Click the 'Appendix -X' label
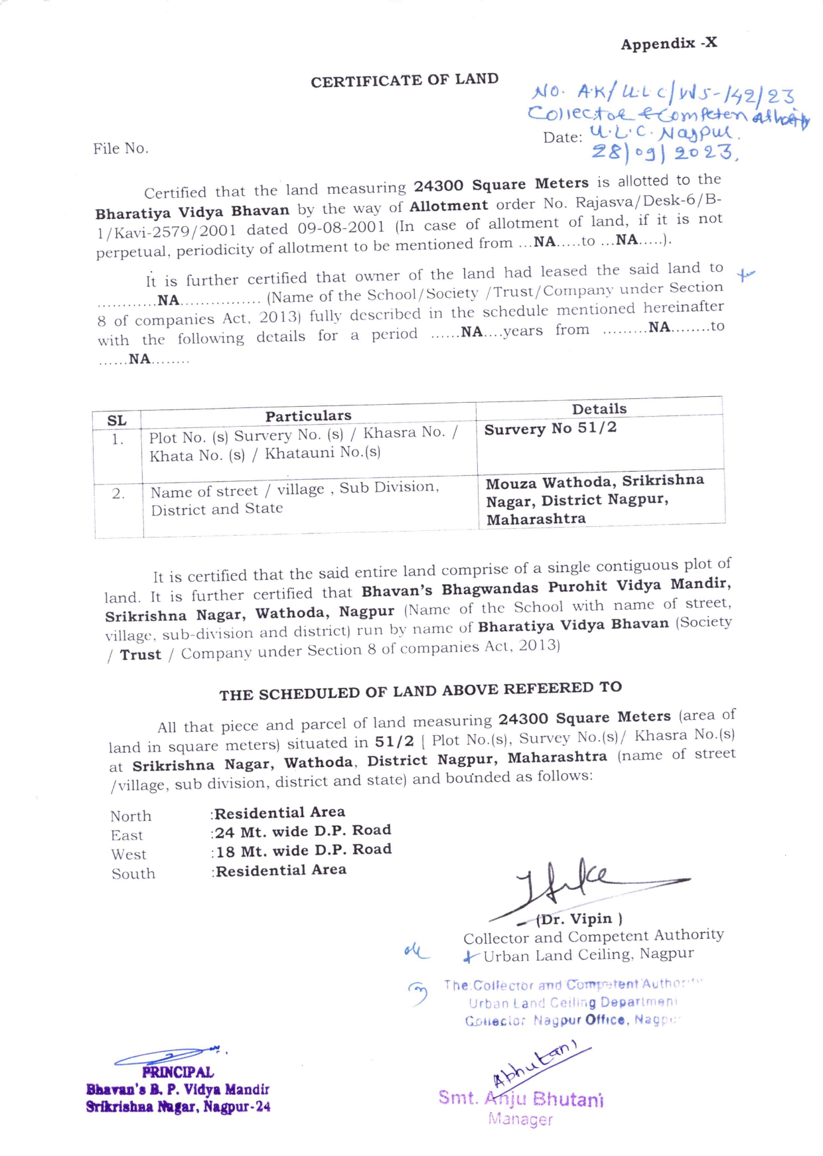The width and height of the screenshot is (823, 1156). [x=668, y=44]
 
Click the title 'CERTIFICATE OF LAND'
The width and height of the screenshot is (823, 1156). [x=404, y=80]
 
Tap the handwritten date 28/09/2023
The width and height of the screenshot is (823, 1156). [x=664, y=153]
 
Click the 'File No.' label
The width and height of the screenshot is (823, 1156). [x=120, y=149]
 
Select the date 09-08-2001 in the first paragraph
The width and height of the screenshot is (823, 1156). [x=341, y=228]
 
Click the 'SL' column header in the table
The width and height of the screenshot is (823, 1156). [x=117, y=420]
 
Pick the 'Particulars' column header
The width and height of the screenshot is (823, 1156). [x=308, y=416]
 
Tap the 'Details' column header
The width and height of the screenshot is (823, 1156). [x=599, y=409]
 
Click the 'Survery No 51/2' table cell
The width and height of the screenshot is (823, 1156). [x=550, y=429]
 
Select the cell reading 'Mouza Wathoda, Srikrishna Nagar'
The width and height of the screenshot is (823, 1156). [x=594, y=491]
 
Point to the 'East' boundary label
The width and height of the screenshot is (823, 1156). [x=127, y=835]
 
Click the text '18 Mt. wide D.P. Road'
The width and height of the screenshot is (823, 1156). [x=303, y=851]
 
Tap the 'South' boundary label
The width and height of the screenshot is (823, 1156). [x=133, y=874]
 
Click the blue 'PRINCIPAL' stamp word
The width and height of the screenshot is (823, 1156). [x=177, y=1072]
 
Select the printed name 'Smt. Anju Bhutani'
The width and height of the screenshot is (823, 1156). [x=521, y=1099]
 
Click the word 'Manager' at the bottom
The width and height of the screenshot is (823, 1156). [x=520, y=1120]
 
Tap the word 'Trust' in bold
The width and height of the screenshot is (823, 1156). [x=140, y=655]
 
